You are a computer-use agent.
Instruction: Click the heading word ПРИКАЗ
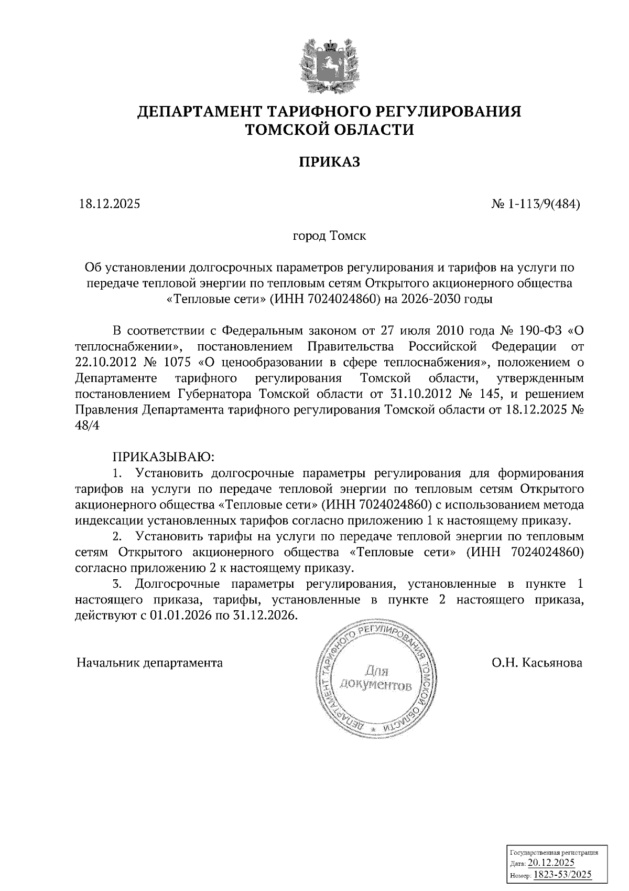329,162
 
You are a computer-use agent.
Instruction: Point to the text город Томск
329,236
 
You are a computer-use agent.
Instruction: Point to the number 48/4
87,426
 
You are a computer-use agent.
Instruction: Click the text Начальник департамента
149,663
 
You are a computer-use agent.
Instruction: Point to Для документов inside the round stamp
375,678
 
